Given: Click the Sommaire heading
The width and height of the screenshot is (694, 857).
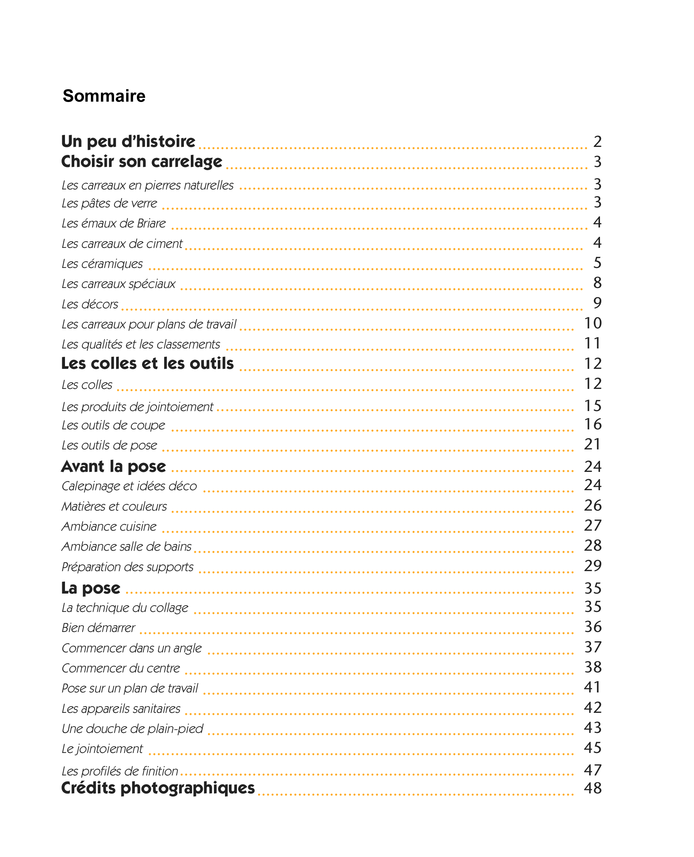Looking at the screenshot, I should [104, 96].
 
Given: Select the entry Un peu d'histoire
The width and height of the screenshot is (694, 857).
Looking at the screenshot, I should [128, 142].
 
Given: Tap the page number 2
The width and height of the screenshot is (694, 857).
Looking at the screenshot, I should [597, 142].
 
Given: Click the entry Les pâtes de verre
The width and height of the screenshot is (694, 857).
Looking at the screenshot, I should [109, 204].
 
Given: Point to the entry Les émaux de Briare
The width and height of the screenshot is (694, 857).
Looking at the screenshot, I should [113, 223].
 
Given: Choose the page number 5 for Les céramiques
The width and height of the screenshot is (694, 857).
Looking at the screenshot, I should [597, 263].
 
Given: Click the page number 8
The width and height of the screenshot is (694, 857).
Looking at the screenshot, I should [597, 283].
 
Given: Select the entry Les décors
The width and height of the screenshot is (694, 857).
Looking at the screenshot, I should [90, 304].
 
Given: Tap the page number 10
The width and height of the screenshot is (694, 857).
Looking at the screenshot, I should [592, 323].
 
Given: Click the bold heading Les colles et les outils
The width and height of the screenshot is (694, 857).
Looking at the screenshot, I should [147, 364].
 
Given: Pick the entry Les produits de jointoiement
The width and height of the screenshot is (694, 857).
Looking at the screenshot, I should [137, 407].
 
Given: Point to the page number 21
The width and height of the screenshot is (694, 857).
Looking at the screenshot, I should [592, 444].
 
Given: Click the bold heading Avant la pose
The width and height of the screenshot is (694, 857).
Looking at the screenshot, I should [113, 466].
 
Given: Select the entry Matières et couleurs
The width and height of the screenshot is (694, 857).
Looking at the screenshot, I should [114, 506].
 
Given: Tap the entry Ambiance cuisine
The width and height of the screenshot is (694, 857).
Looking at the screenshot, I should [109, 526].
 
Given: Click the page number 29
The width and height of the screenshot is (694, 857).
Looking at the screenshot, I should [592, 566].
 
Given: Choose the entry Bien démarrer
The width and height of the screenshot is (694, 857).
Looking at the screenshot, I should [99, 627].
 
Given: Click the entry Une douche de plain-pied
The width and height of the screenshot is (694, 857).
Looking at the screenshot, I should [132, 729].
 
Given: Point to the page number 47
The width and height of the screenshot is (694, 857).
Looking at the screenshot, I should [592, 770].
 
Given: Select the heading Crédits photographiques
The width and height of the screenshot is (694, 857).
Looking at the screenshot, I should [158, 788].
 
